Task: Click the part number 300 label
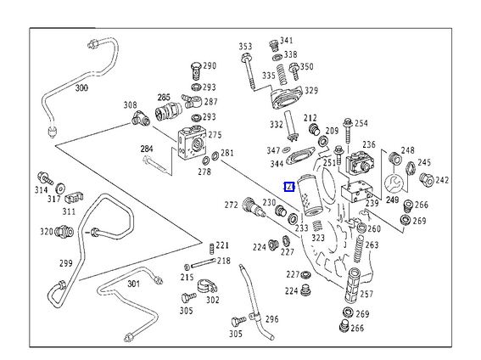(x=81, y=87)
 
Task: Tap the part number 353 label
(x=245, y=47)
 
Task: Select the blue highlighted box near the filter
(x=289, y=187)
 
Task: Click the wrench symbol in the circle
(x=393, y=184)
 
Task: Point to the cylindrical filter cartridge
(x=309, y=195)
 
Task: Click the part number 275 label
(x=215, y=135)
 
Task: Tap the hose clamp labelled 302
(x=207, y=287)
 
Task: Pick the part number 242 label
(x=442, y=180)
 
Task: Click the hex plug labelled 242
(x=427, y=179)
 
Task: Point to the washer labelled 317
(x=60, y=188)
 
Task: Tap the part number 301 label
(x=133, y=284)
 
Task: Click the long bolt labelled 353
(x=249, y=71)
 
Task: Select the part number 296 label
(x=272, y=319)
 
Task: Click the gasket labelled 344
(x=300, y=155)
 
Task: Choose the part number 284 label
(x=147, y=149)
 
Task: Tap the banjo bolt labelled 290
(x=196, y=71)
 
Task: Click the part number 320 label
(x=47, y=232)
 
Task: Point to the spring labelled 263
(x=358, y=250)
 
